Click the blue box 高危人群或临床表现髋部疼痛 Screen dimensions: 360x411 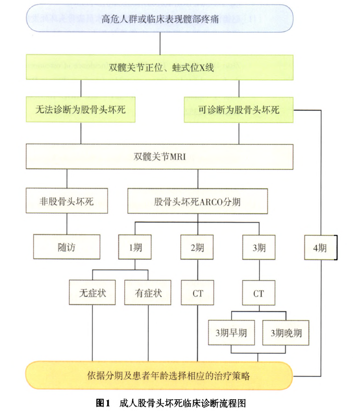coord(160,18)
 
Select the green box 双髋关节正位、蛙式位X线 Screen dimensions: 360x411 coord(160,67)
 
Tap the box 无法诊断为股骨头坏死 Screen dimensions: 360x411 coord(81,109)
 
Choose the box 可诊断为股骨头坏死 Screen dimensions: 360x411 coord(239,110)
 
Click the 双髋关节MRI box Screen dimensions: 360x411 coord(160,157)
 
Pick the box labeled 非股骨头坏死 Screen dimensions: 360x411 coord(67,201)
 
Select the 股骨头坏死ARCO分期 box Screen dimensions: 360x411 coord(198,201)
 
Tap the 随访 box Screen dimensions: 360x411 coord(67,247)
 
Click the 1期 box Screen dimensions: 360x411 coord(135,247)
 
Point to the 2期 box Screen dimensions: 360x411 coord(197,248)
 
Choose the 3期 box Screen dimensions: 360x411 coord(259,248)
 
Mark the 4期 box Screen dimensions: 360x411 coord(321,248)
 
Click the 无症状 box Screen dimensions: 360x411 coord(92,292)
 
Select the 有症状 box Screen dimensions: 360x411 coord(148,292)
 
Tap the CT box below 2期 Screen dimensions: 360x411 coord(197,293)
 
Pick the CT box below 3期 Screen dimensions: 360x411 coord(259,293)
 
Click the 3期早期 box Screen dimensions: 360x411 coord(232,333)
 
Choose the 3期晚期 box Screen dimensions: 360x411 coord(286,333)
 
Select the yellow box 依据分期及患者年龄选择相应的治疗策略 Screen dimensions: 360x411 coord(159,376)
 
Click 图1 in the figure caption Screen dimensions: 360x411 coord(103,403)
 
